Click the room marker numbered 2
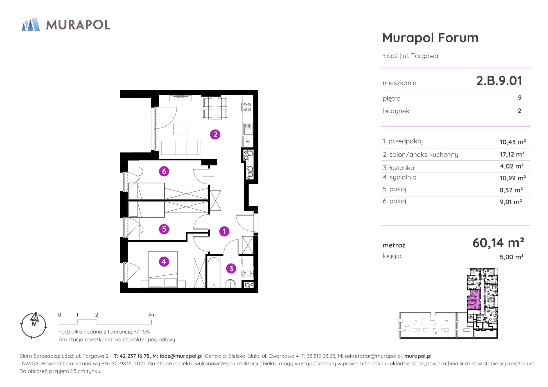(215, 134)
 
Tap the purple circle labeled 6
(164, 171)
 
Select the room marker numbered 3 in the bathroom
(231, 268)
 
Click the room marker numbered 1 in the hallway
(224, 231)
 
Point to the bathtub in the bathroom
(214, 272)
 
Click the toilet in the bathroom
(247, 273)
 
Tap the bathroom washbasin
(231, 284)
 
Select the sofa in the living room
(180, 148)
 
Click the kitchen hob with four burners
(247, 107)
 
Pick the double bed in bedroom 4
(163, 269)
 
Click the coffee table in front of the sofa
(181, 129)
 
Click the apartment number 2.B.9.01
(499, 81)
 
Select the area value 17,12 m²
(512, 154)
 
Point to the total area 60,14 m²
(498, 243)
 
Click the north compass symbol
(34, 325)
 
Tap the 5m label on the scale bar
(152, 315)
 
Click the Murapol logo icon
(31, 24)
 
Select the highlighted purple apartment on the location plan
(474, 300)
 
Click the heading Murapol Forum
(430, 38)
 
